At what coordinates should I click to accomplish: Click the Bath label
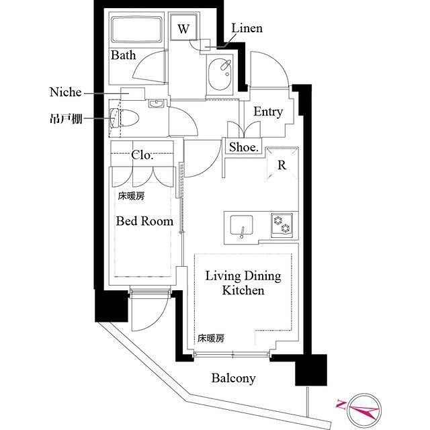point(124,55)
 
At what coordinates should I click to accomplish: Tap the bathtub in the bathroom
point(137,30)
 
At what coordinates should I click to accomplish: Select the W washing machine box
point(183,28)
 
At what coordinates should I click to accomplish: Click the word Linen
point(247,28)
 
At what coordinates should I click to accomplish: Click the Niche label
point(65,92)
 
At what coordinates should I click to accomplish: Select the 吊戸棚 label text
point(67,119)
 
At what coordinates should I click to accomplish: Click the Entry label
point(267,112)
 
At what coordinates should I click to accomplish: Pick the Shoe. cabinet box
point(244,147)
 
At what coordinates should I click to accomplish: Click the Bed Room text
point(144,220)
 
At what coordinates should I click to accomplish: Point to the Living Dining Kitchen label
point(243,284)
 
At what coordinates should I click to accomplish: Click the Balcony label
point(233,378)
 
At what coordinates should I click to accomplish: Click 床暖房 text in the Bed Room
point(131,197)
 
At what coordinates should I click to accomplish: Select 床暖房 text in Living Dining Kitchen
point(210,339)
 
